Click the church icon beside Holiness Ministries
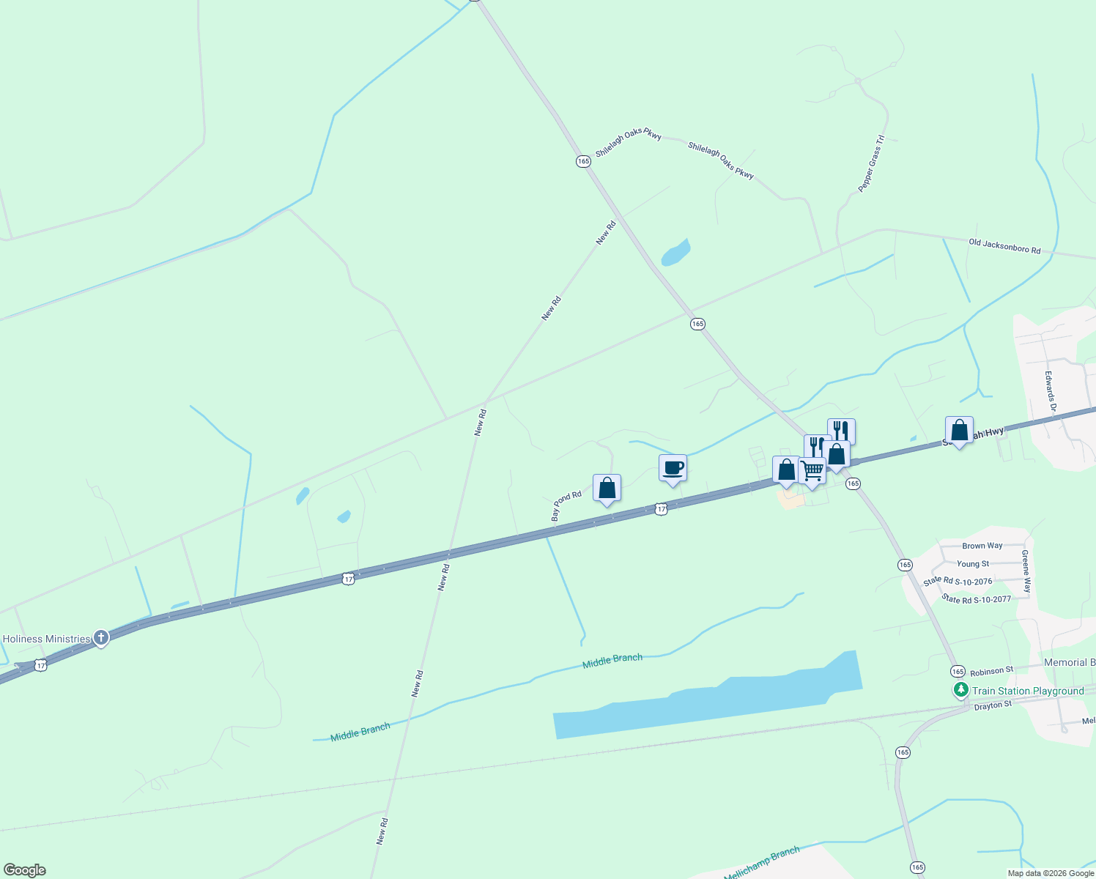[x=101, y=638]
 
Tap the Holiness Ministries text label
[x=46, y=639]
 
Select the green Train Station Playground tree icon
[x=960, y=690]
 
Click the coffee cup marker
[x=673, y=468]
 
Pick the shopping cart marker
[x=812, y=471]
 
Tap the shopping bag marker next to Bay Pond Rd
[x=607, y=489]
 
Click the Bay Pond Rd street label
[x=566, y=506]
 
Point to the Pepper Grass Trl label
[x=872, y=163]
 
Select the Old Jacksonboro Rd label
[x=1004, y=246]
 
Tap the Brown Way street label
[x=982, y=546]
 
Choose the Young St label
[x=973, y=564]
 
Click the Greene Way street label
[x=1026, y=571]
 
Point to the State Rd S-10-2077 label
[x=977, y=599]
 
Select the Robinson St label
[x=991, y=670]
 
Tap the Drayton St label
[x=993, y=705]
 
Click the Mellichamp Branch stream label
[x=762, y=864]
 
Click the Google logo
[x=25, y=870]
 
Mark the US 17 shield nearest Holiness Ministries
[x=41, y=665]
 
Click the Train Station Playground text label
[x=1028, y=691]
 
